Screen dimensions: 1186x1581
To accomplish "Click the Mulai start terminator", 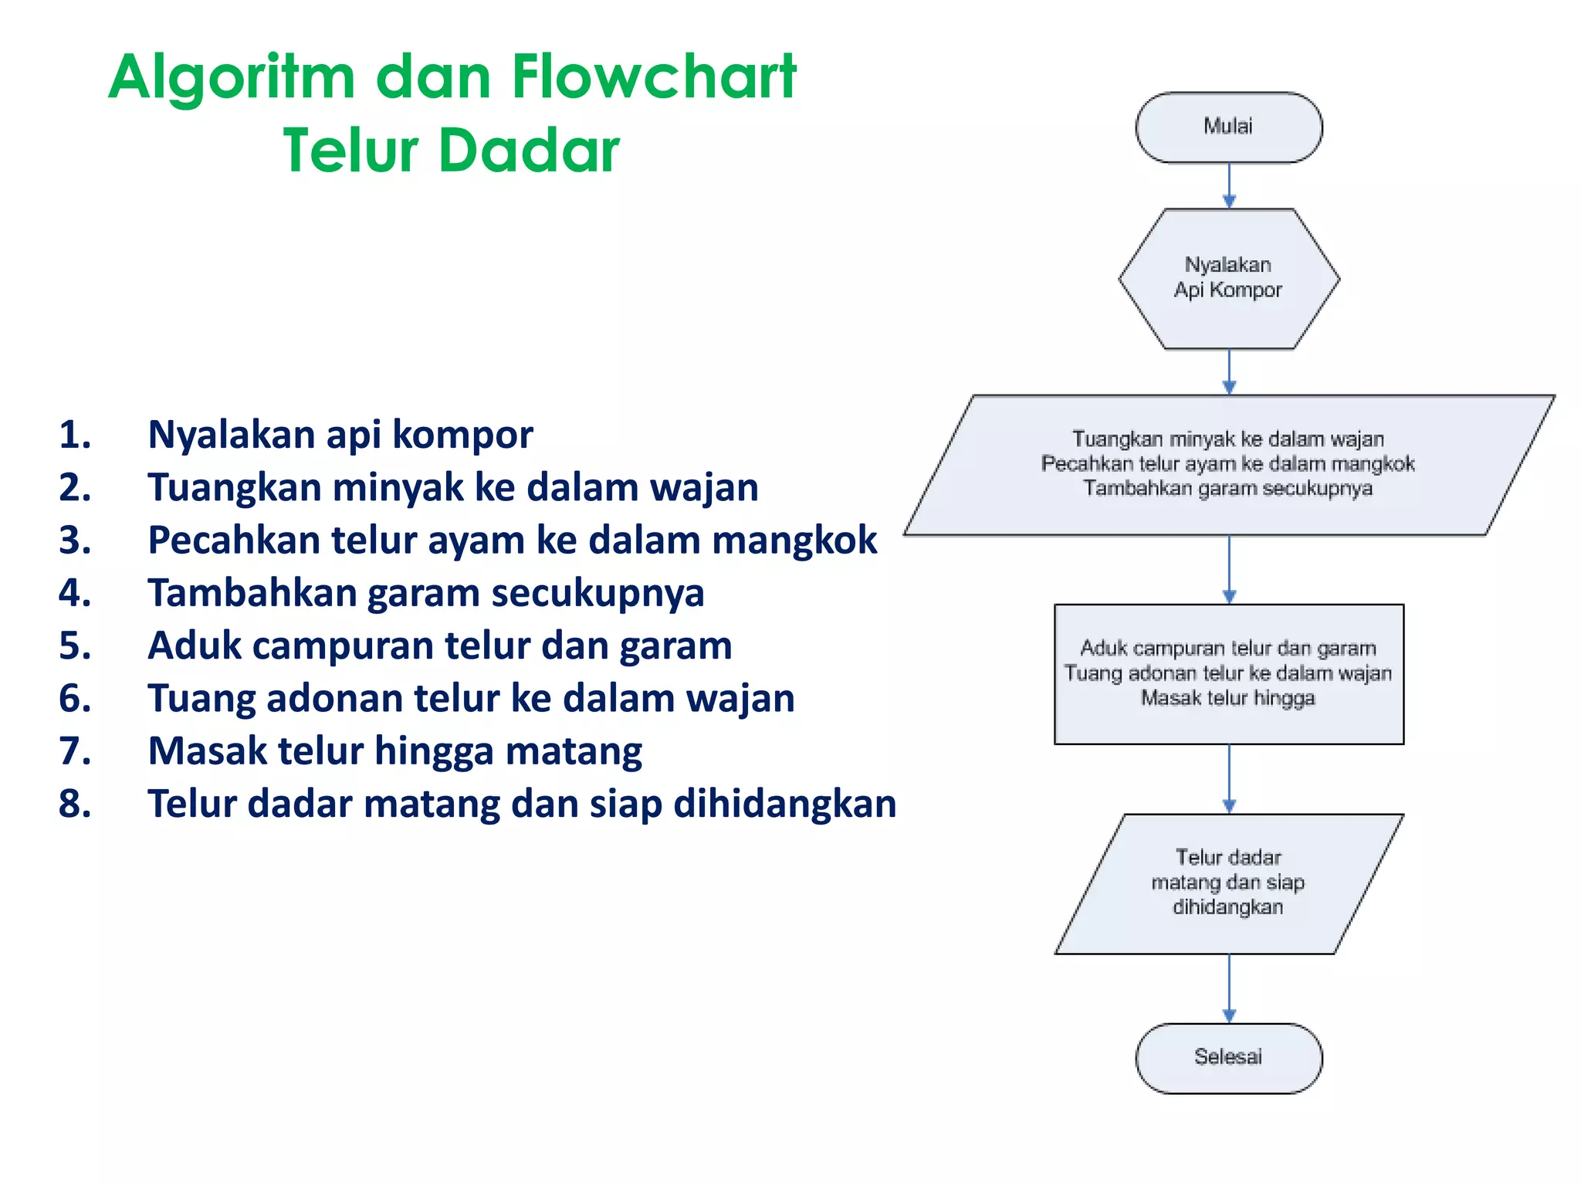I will pyautogui.click(x=1228, y=127).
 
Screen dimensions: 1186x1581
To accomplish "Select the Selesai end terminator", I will pyautogui.click(x=1228, y=1058).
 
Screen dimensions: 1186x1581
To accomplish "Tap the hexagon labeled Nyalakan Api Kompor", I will pyautogui.click(x=1228, y=278).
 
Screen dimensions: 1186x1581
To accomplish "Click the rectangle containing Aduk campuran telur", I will pyautogui.click(x=1228, y=673).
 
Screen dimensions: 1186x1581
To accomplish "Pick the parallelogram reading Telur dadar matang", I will pyautogui.click(x=1228, y=883).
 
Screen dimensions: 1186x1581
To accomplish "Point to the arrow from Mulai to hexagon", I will pyautogui.click(x=1229, y=185).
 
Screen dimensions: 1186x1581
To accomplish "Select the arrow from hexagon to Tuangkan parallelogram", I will pyautogui.click(x=1229, y=371).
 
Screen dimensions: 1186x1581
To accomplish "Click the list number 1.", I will pyautogui.click(x=75, y=435).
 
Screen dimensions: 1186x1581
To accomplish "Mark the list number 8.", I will pyautogui.click(x=75, y=804).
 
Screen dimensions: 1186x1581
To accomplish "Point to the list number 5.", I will pyautogui.click(x=75, y=646).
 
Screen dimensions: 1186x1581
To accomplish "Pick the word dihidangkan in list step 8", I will pyautogui.click(x=784, y=805).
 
